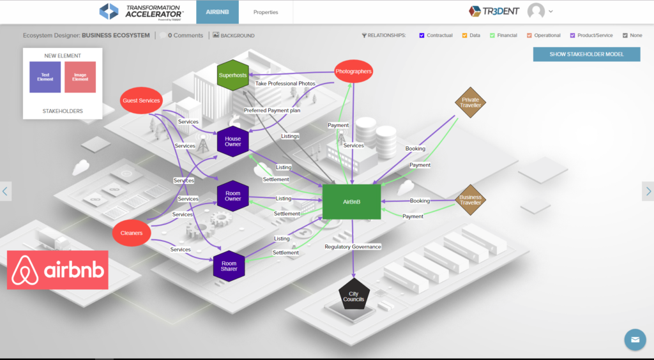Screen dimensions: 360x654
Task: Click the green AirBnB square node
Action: pyautogui.click(x=351, y=202)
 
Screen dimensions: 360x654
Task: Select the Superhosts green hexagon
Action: pyautogui.click(x=232, y=75)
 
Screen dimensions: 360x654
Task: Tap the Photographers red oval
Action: pyautogui.click(x=353, y=71)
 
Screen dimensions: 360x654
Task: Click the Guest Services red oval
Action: pyautogui.click(x=141, y=101)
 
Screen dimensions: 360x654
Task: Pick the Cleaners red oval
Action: pyautogui.click(x=132, y=233)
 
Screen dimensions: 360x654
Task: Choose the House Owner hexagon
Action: pyautogui.click(x=232, y=142)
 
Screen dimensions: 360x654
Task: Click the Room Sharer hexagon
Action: pyautogui.click(x=229, y=266)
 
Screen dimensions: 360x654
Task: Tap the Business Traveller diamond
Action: pyautogui.click(x=470, y=200)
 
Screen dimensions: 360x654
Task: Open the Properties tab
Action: pyautogui.click(x=266, y=12)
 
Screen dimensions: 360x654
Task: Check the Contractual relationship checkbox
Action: pyautogui.click(x=422, y=36)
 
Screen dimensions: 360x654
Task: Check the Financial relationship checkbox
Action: pyautogui.click(x=492, y=36)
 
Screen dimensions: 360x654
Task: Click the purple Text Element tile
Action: pyautogui.click(x=45, y=78)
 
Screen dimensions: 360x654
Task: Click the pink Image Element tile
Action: pyautogui.click(x=80, y=78)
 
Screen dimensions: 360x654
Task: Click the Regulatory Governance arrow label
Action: pyautogui.click(x=353, y=246)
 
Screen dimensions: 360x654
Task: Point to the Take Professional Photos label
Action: pyautogui.click(x=285, y=84)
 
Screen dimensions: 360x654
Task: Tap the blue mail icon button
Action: pyautogui.click(x=635, y=340)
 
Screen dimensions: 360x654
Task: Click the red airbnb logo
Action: pyautogui.click(x=58, y=270)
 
